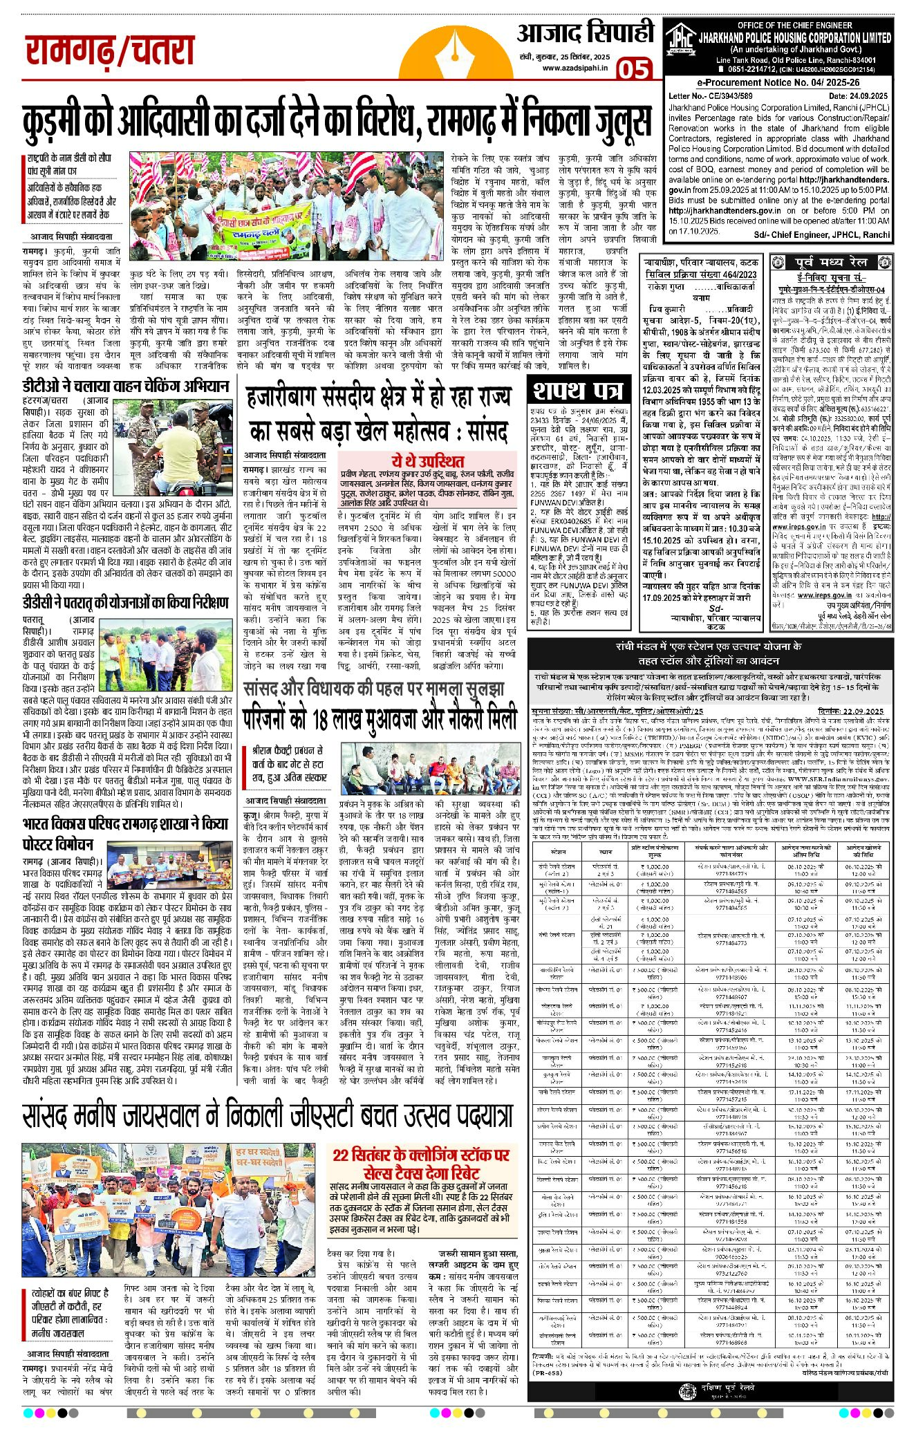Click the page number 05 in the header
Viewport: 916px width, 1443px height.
point(633,69)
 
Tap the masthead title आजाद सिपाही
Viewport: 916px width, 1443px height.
point(585,32)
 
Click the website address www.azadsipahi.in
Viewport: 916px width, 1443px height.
point(574,68)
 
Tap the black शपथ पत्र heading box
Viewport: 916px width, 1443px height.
point(577,391)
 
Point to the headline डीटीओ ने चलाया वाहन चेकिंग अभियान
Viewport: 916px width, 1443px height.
point(124,385)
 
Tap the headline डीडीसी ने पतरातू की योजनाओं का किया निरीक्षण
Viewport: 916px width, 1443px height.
point(124,602)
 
